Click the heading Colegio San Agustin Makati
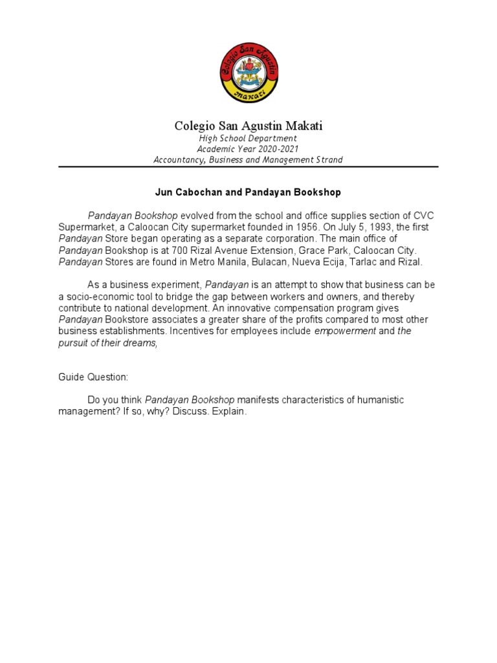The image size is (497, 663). [x=248, y=126]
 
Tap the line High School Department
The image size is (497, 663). [x=248, y=139]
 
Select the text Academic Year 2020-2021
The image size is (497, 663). [x=248, y=149]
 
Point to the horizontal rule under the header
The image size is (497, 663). [x=248, y=166]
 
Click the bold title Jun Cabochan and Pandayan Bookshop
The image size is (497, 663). [x=248, y=192]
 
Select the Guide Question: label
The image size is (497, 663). [x=91, y=377]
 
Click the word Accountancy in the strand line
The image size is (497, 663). [x=176, y=160]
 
